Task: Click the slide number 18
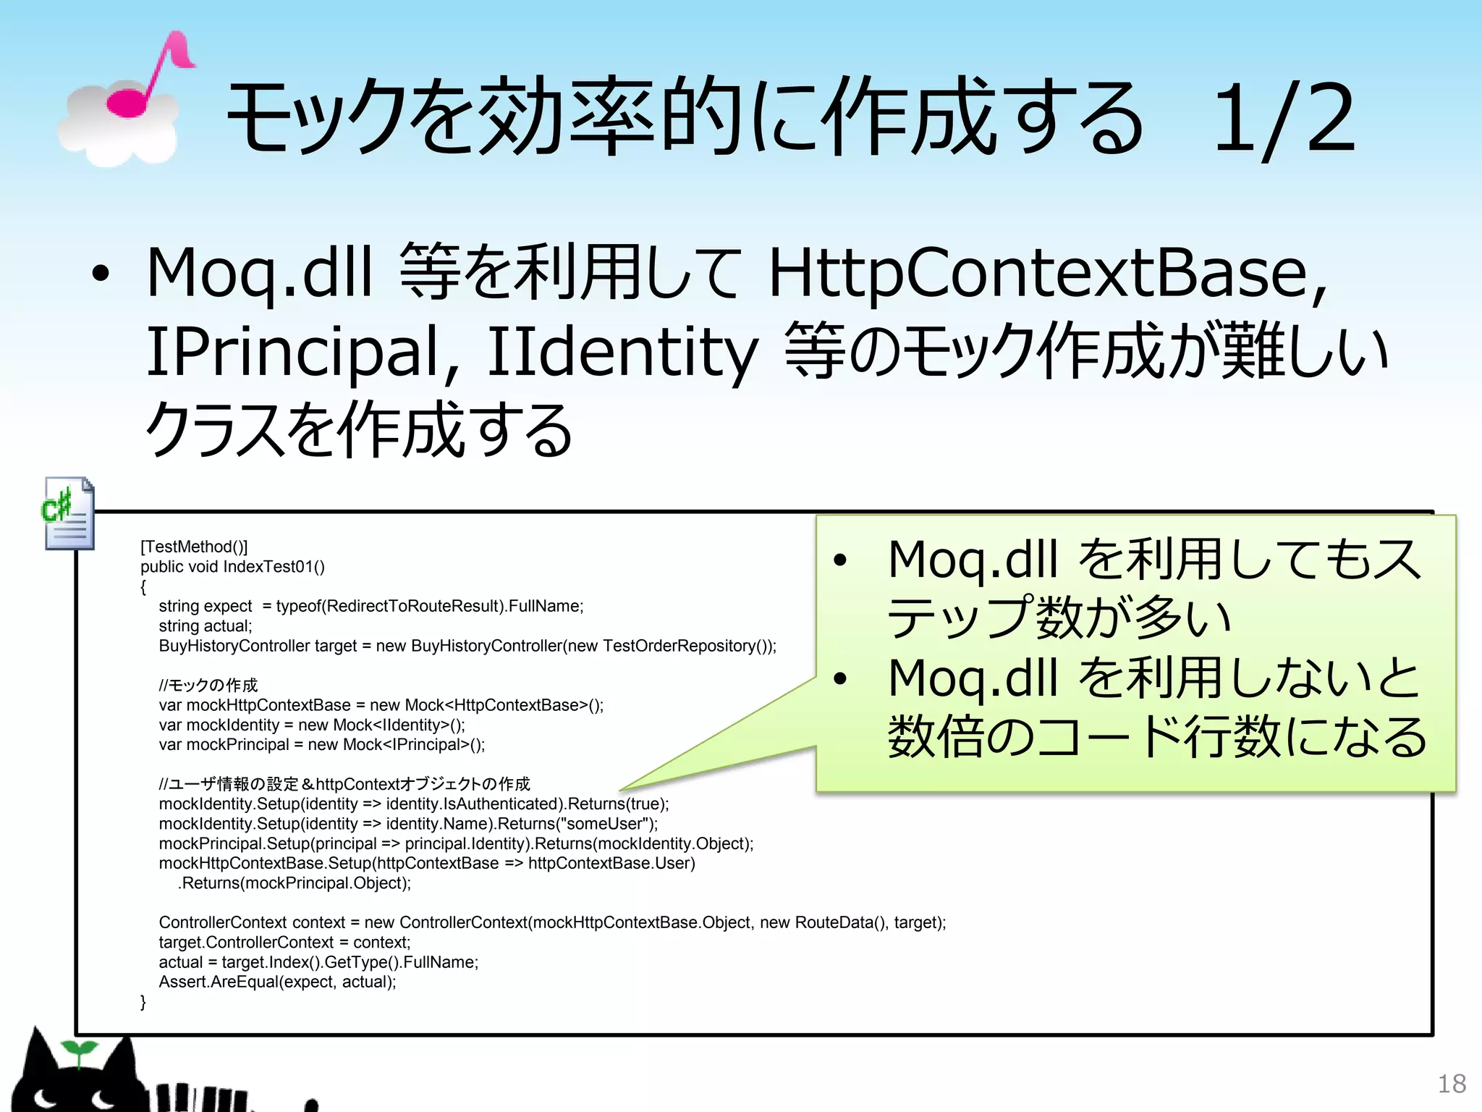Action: (x=1451, y=1084)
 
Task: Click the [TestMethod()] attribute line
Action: (x=194, y=547)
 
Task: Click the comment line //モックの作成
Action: (x=208, y=685)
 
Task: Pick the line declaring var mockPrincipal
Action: (x=322, y=744)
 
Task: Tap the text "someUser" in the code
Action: (x=605, y=824)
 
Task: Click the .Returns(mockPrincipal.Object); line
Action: (x=295, y=883)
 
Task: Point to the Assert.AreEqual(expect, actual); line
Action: (x=277, y=982)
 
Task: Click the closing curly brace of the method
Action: (x=143, y=1002)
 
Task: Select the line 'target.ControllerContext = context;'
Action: (x=284, y=943)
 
